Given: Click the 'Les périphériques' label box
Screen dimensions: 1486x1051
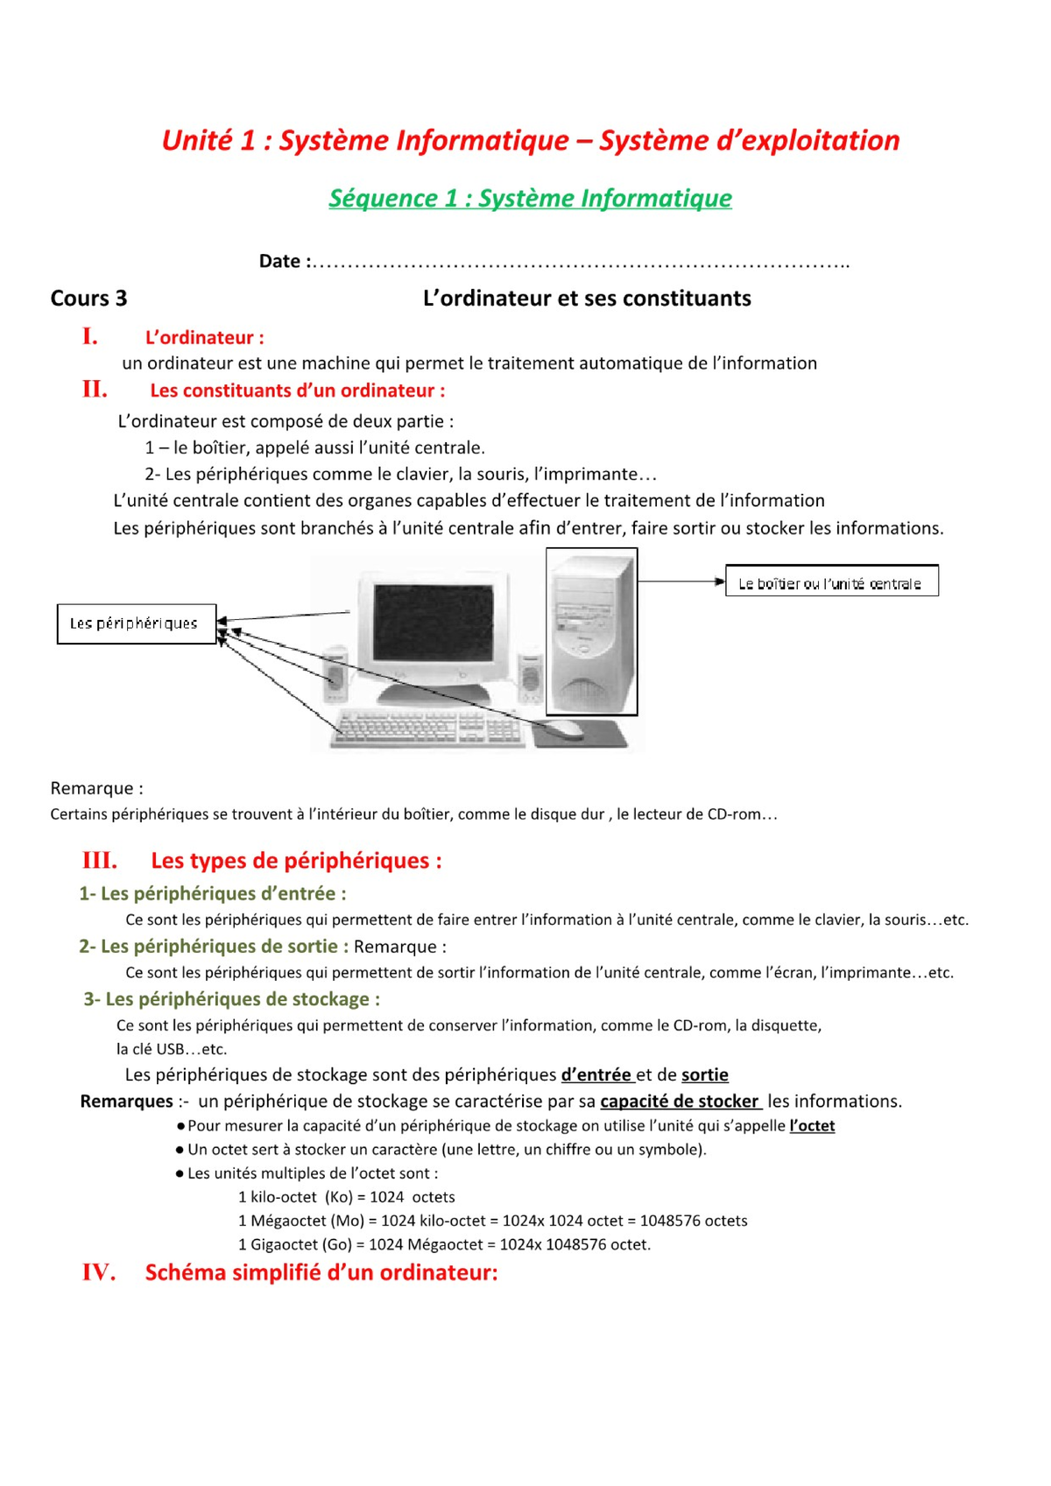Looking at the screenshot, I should point(136,623).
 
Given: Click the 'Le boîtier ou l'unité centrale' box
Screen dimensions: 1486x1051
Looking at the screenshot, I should point(830,582).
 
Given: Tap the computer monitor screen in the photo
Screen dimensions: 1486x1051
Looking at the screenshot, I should point(433,623).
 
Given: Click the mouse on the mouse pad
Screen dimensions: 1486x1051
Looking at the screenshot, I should point(566,728).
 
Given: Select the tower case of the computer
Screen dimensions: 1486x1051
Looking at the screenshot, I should point(591,632).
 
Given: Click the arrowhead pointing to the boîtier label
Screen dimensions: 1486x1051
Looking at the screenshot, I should point(720,581).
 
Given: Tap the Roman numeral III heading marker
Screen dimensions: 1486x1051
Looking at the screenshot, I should point(99,860).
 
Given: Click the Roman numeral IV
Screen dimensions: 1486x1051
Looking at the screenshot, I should point(99,1272).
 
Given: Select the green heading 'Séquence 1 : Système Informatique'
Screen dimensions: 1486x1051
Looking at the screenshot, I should point(530,198).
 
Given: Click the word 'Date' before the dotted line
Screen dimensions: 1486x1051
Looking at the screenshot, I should point(279,261).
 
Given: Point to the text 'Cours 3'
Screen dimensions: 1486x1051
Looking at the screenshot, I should point(88,299).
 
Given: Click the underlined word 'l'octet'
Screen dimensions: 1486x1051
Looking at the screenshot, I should point(812,1126).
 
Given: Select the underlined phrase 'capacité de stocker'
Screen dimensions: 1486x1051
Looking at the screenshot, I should point(680,1102).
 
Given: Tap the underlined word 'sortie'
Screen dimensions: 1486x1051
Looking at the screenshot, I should point(704,1074).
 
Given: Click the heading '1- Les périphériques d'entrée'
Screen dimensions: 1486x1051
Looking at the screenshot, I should point(212,894).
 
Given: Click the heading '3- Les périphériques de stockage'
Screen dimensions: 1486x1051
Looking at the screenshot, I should point(231,999).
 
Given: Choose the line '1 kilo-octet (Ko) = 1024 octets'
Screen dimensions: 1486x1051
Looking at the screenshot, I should point(346,1197).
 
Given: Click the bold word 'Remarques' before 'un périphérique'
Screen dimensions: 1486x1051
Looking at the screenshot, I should point(126,1102).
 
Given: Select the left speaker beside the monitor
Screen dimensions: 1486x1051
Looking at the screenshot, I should point(335,674).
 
